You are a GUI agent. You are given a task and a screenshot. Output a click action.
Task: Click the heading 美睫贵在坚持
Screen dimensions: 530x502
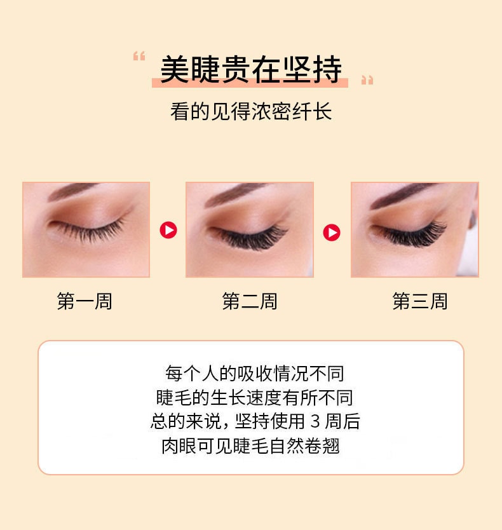[250, 69]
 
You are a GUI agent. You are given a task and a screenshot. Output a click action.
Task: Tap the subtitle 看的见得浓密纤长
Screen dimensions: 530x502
[251, 112]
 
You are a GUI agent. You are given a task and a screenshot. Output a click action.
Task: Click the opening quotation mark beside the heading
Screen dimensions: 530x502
[139, 57]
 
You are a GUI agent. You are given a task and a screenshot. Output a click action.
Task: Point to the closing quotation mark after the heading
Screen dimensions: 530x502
[367, 80]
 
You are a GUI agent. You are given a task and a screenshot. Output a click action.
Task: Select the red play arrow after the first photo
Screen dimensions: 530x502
[168, 230]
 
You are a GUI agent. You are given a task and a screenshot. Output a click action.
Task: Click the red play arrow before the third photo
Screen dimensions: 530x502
[332, 233]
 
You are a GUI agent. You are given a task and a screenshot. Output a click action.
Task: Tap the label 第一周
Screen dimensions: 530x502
[85, 301]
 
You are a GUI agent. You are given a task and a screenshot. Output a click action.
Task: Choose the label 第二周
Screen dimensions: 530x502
[250, 301]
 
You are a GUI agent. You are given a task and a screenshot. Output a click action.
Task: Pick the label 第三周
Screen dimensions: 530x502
[420, 301]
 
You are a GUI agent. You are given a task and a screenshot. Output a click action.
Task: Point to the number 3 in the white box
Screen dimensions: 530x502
[316, 422]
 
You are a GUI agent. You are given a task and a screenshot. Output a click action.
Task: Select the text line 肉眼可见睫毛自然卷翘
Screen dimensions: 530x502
[251, 445]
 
